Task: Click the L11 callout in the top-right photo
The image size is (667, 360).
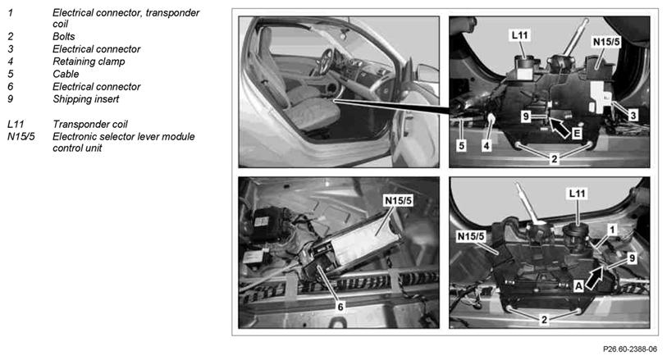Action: click(x=519, y=35)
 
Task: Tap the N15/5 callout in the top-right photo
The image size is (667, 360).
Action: click(x=606, y=42)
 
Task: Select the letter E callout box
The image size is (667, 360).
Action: click(x=576, y=134)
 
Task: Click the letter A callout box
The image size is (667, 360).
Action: click(x=578, y=286)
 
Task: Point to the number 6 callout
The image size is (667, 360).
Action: click(x=340, y=306)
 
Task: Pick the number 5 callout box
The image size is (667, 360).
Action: click(x=462, y=146)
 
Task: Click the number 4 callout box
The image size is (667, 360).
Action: click(x=487, y=146)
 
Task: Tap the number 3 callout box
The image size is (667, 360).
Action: click(x=633, y=115)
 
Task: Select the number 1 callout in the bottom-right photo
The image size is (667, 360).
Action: click(x=612, y=230)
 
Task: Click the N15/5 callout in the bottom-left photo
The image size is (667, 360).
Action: click(x=398, y=201)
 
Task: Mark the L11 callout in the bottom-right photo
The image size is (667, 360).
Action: click(x=578, y=194)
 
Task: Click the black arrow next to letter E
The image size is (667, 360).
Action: click(x=559, y=127)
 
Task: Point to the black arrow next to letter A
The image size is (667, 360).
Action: click(x=594, y=277)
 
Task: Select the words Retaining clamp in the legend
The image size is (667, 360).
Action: click(x=89, y=62)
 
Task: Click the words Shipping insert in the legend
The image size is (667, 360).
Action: click(x=85, y=99)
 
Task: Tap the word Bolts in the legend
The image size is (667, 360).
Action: click(x=63, y=37)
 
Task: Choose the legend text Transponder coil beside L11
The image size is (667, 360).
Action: click(x=89, y=124)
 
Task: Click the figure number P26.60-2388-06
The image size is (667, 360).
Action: click(x=629, y=349)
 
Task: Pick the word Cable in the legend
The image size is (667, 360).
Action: click(x=66, y=74)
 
